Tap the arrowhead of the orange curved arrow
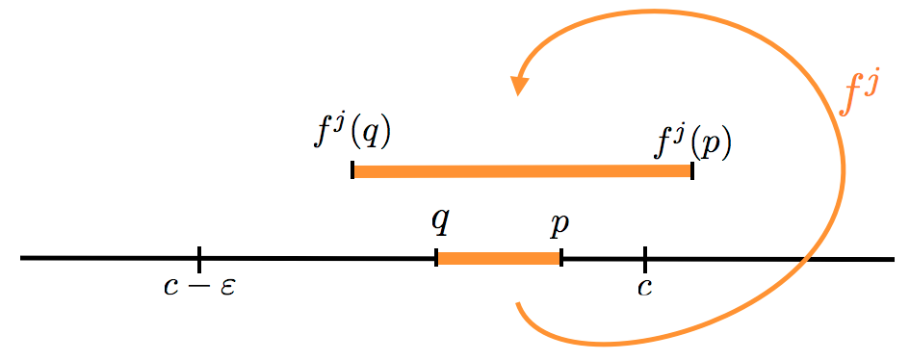click(520, 84)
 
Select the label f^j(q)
click(352, 131)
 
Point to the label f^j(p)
click(693, 142)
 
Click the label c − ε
click(198, 287)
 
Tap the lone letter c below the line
click(644, 287)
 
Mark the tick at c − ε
click(198, 258)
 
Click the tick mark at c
click(644, 258)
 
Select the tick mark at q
click(437, 258)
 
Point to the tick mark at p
click(560, 258)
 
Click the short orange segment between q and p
click(499, 258)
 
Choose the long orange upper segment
click(522, 171)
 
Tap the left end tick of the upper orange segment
click(352, 170)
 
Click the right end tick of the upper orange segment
click(692, 170)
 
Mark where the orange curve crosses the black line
click(807, 258)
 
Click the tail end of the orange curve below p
click(518, 305)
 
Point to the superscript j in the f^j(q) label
click(340, 123)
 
